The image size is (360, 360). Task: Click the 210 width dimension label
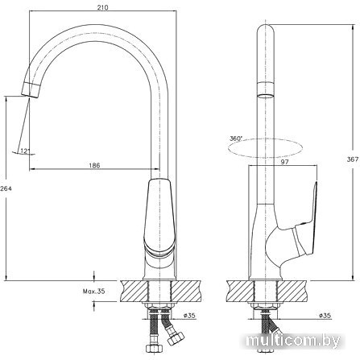pyautogui.click(x=102, y=7)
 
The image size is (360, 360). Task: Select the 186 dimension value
pyautogui.click(x=94, y=165)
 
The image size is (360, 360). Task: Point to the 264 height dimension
pyautogui.click(x=6, y=188)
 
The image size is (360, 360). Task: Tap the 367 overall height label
pyautogui.click(x=353, y=159)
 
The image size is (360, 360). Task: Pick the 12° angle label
pyautogui.click(x=24, y=151)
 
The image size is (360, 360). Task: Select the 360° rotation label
pyautogui.click(x=236, y=139)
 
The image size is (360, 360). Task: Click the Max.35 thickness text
pyautogui.click(x=93, y=292)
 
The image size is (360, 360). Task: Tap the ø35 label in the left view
pyautogui.click(x=189, y=316)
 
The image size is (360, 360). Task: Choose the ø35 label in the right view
pyautogui.click(x=325, y=316)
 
